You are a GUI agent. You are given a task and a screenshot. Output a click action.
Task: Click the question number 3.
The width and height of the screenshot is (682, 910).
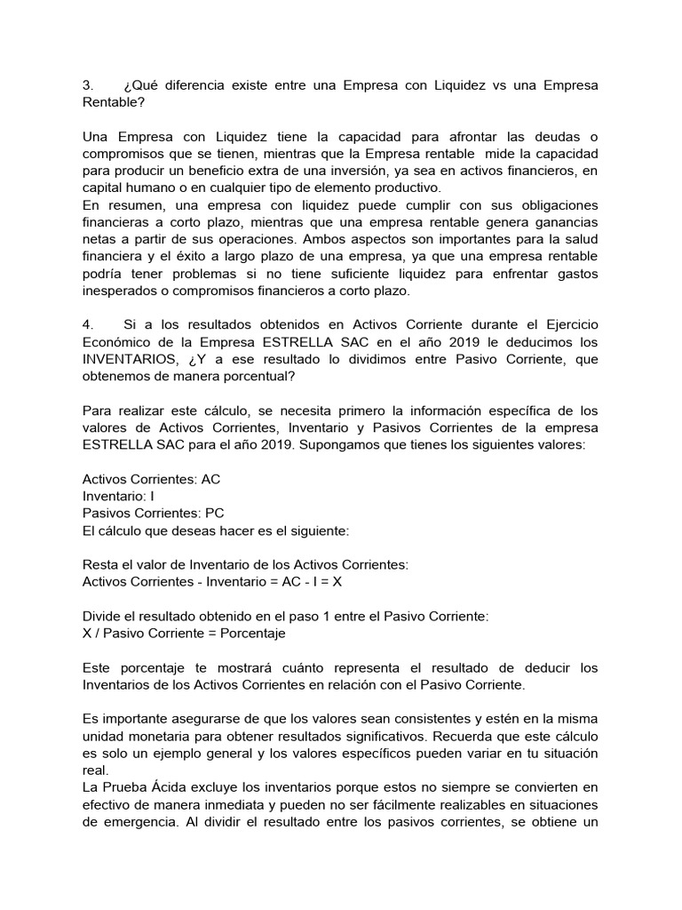pyautogui.click(x=87, y=85)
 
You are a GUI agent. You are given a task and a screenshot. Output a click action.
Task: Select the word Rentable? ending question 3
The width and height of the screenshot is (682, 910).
pyautogui.click(x=113, y=102)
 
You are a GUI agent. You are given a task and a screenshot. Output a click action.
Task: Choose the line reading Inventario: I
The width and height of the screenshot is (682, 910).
pyautogui.click(x=118, y=497)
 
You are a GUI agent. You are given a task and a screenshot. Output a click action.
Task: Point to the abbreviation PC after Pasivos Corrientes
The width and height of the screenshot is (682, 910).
pyautogui.click(x=215, y=514)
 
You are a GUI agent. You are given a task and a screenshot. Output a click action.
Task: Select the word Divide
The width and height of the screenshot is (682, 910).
pyautogui.click(x=103, y=617)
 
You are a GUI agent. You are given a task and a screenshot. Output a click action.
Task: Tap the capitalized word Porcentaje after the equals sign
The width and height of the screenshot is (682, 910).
pyautogui.click(x=253, y=634)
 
